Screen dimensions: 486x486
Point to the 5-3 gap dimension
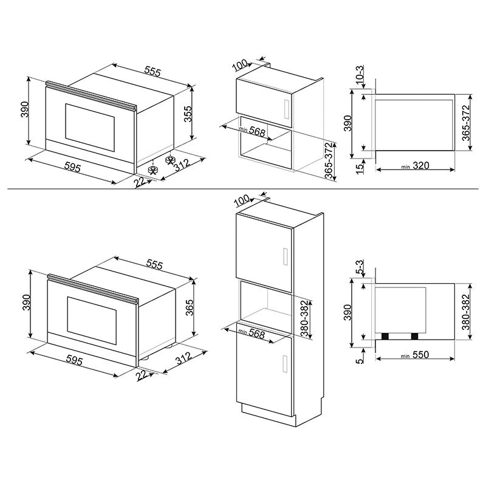pos(360,267)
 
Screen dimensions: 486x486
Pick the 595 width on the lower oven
pos(74,360)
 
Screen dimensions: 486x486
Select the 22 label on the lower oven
pos(142,378)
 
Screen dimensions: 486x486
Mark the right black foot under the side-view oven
pos(414,336)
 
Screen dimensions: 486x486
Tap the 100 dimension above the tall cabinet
pos(242,200)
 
